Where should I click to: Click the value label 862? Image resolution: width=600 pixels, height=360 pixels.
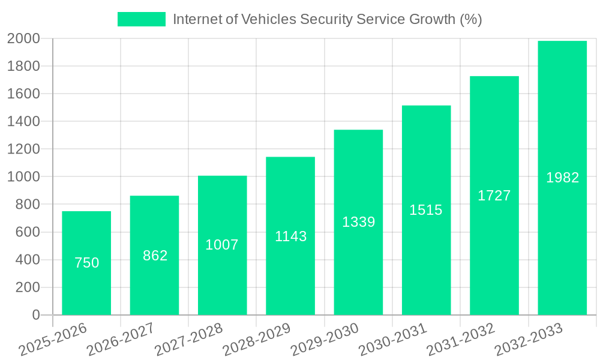[x=155, y=256]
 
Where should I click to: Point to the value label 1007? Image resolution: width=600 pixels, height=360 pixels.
[x=222, y=245]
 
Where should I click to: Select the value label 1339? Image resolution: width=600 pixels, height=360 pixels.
[x=358, y=222]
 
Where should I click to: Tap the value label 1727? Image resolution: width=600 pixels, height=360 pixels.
[x=494, y=196]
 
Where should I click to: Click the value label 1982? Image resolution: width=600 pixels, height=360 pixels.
[x=562, y=178]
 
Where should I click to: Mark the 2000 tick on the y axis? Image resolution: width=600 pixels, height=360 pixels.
[x=23, y=39]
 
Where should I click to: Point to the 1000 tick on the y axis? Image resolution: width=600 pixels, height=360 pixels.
[x=23, y=177]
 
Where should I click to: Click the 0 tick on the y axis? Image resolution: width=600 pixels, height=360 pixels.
[x=36, y=315]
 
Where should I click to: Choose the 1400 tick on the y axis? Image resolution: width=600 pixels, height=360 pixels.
[x=23, y=122]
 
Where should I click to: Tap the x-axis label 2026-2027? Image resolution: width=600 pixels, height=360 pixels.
[x=121, y=340]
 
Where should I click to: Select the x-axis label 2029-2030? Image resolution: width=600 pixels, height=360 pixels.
[x=325, y=340]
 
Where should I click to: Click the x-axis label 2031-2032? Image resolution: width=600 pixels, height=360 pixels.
[x=460, y=340]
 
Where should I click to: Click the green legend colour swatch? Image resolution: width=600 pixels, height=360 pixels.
[x=141, y=19]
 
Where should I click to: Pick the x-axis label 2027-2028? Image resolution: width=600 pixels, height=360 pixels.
[x=188, y=340]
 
